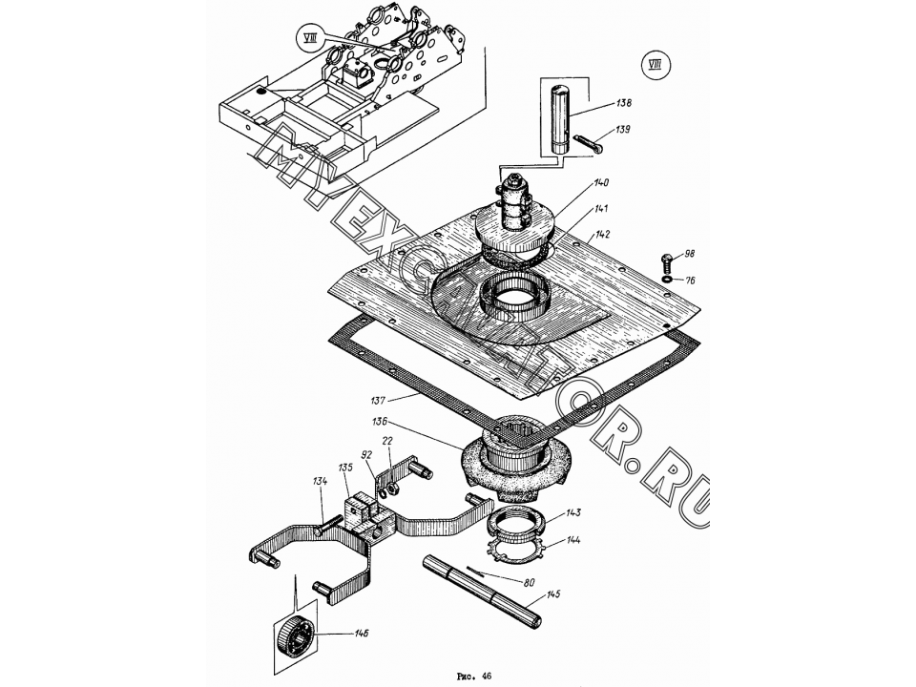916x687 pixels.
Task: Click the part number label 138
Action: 624,103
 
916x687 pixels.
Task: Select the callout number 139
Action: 623,130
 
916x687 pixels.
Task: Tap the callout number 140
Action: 601,183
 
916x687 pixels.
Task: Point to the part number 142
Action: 602,235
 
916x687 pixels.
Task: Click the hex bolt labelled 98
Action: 666,260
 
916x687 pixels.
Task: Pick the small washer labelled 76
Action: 667,279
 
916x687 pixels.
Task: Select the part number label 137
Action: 378,401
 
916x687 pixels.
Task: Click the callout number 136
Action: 380,421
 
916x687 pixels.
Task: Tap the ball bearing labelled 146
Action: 295,638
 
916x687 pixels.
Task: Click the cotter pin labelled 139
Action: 588,143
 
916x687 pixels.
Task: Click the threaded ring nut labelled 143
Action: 516,521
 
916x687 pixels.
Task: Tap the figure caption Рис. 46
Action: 474,676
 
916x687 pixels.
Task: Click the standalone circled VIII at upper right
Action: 656,65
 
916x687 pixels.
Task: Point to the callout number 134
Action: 320,481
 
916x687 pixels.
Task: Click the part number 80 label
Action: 530,582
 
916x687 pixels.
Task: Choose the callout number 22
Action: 387,441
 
